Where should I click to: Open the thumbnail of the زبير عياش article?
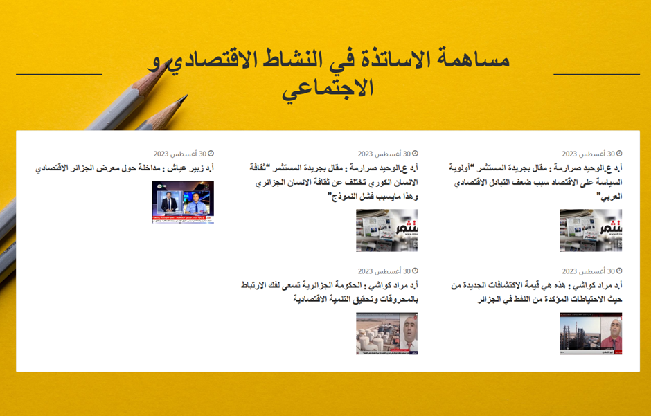(183, 202)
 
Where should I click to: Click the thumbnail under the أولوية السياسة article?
(591, 230)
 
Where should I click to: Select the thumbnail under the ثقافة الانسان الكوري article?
(386, 230)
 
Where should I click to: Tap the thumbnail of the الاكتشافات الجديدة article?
(591, 334)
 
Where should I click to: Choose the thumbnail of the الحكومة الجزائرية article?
(386, 334)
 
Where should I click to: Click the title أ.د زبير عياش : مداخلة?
(125, 168)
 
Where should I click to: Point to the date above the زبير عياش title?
(180, 154)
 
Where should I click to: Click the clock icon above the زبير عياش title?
(211, 154)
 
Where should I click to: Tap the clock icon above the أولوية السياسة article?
(619, 154)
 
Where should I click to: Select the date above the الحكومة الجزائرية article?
(384, 271)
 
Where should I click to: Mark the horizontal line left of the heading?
(59, 74)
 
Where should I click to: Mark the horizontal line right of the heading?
(596, 74)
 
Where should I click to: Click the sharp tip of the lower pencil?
(186, 96)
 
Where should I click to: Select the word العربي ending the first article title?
(609, 196)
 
